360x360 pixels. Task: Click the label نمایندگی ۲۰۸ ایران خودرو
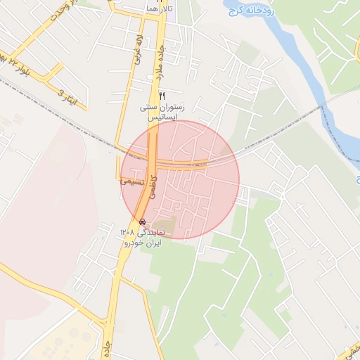coord(142,237)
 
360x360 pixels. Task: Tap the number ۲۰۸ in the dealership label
coord(127,231)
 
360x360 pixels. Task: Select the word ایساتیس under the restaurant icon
coord(162,118)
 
